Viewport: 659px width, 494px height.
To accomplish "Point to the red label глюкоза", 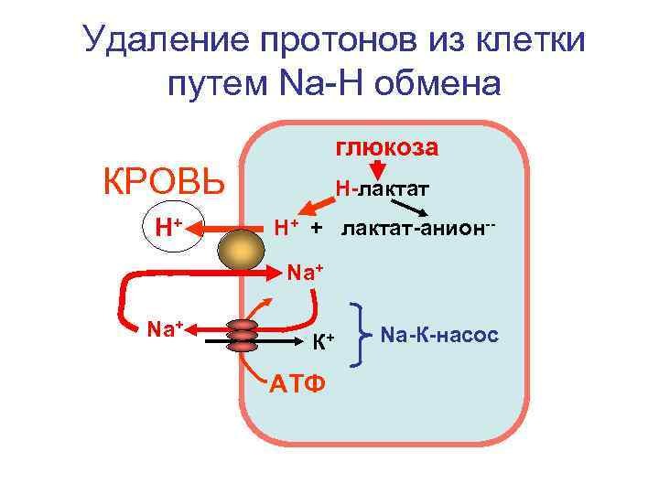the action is [387, 147].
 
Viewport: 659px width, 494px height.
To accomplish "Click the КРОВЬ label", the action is [164, 182].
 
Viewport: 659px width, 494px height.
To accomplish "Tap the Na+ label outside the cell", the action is [167, 327].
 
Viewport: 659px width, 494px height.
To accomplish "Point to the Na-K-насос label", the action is [439, 336].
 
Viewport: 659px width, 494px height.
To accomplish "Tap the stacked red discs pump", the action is [243, 336].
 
